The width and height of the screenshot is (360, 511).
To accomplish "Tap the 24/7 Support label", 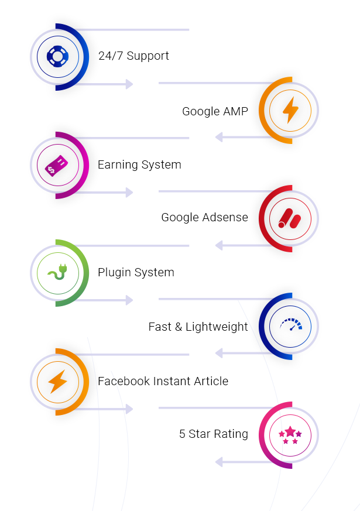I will pos(133,56).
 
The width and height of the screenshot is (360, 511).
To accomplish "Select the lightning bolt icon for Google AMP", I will pos(290,110).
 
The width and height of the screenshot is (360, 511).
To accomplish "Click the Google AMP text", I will pos(215,111).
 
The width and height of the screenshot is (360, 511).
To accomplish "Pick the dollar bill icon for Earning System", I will pos(57,165).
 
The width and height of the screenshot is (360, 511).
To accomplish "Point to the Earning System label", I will pos(139,165).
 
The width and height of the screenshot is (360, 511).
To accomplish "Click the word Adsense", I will pos(225,218).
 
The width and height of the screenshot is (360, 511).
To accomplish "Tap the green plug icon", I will pos(57,273).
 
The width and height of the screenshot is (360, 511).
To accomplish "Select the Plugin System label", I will pos(136,273).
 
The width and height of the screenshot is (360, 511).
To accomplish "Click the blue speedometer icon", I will pos(290,326).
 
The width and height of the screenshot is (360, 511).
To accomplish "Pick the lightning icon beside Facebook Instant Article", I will pos(57,382).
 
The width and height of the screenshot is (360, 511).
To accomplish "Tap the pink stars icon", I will pos(290,435).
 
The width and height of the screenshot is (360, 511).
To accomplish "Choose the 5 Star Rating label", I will pos(214,434).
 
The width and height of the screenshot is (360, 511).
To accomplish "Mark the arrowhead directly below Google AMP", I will pos(220,138).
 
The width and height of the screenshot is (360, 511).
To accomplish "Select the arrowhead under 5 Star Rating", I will pos(220,462).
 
